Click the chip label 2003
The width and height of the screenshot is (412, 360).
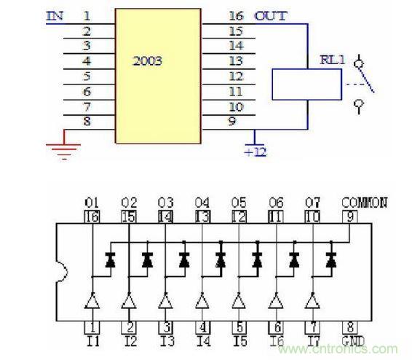point(148,62)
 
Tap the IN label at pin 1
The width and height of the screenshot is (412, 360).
point(55,15)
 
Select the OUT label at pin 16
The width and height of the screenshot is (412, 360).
point(270,15)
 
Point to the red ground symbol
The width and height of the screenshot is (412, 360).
point(64,149)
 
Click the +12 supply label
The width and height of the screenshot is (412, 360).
point(255,152)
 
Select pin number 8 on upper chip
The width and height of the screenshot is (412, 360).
point(87,122)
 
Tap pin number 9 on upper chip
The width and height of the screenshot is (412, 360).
point(231,122)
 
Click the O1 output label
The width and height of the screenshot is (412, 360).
point(91,203)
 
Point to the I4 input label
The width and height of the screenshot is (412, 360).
point(202,340)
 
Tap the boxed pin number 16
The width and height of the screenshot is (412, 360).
point(91,216)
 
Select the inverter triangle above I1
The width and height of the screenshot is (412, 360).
point(91,300)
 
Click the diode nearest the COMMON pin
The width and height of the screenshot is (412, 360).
point(331,259)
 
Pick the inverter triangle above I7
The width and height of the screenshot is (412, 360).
point(312,300)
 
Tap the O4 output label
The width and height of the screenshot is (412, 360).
point(202,203)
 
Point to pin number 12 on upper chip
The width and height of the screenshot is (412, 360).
point(235,76)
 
